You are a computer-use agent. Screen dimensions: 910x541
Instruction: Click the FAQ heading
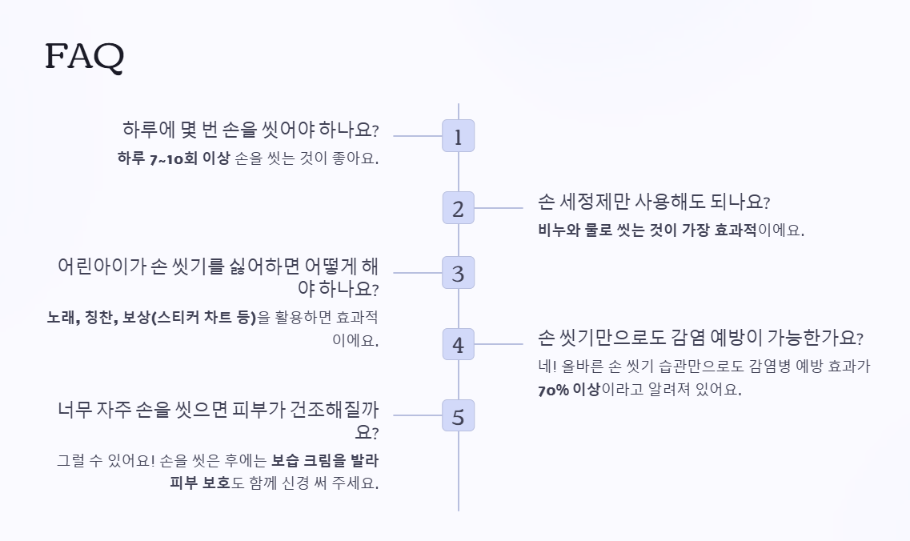tap(85, 56)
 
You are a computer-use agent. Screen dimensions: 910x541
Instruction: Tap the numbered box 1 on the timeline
tap(458, 136)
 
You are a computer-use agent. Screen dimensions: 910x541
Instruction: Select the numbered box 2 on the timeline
tap(458, 209)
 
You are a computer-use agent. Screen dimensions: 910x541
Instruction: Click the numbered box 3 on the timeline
tap(458, 273)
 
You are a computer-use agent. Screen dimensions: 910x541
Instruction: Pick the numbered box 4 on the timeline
tap(458, 345)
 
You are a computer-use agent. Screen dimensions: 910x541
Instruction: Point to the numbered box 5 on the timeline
tap(458, 416)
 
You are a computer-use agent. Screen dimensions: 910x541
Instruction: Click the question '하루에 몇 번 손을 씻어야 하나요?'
tap(251, 130)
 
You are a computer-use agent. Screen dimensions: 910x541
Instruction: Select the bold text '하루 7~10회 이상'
tap(173, 158)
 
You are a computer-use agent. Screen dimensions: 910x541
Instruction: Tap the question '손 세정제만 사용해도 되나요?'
tap(654, 201)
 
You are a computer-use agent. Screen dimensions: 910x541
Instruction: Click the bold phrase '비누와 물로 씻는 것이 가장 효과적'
tap(647, 230)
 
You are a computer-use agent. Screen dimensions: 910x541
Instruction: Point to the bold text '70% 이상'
tap(568, 391)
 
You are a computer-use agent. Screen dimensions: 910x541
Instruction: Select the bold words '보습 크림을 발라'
tap(325, 461)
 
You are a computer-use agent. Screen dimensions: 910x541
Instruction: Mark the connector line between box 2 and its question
tap(499, 209)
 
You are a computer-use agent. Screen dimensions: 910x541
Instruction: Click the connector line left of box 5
tap(417, 415)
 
